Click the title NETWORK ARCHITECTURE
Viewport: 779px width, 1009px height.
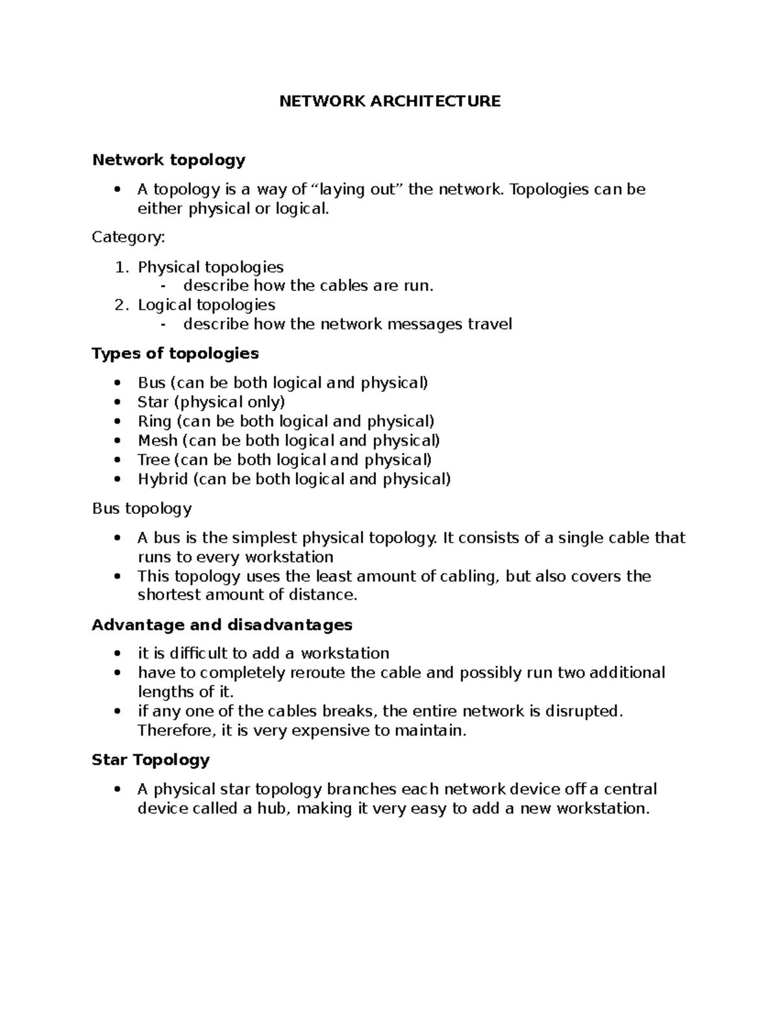click(389, 101)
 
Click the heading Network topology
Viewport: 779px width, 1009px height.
click(169, 160)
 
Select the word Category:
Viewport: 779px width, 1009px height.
click(129, 237)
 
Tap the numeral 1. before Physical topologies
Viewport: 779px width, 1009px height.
click(122, 267)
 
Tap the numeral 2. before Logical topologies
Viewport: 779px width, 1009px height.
click(122, 305)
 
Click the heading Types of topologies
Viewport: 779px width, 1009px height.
click(175, 353)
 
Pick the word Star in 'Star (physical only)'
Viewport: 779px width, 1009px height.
click(153, 402)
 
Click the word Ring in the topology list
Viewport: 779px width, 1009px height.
click(155, 422)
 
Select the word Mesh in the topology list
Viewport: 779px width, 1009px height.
click(157, 441)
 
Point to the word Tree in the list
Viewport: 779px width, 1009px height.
click(153, 460)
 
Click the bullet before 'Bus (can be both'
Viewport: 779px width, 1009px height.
click(117, 383)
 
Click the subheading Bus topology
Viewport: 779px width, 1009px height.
click(142, 508)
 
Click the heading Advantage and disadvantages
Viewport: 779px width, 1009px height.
click(222, 625)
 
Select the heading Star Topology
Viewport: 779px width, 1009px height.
click(151, 760)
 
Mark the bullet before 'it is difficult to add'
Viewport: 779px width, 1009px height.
click(117, 654)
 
